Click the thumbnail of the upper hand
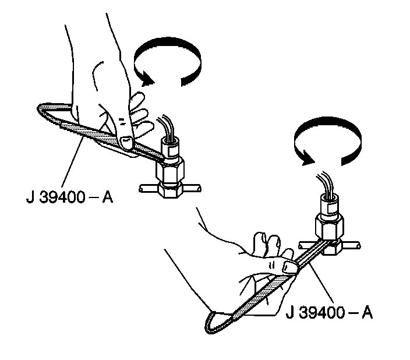[125, 139]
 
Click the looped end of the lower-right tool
[213, 324]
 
